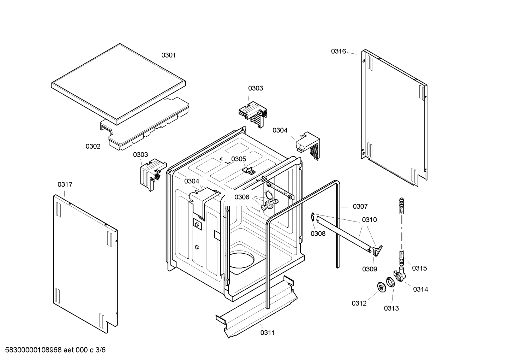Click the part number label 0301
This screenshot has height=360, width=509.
[168, 55]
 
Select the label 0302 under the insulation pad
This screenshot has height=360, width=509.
[93, 146]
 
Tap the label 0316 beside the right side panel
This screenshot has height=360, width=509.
[338, 51]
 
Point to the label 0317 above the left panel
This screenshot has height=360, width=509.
[65, 184]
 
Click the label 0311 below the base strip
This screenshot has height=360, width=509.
[268, 332]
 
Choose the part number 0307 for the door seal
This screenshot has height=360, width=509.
[360, 206]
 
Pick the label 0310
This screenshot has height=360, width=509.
[369, 220]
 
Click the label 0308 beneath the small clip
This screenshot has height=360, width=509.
[318, 234]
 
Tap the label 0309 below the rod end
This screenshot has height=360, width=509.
[369, 269]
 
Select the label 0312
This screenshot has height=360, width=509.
[359, 303]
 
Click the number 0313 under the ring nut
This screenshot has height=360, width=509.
[391, 308]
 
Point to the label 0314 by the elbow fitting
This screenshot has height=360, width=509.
[420, 289]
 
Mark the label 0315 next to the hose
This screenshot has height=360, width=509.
[419, 268]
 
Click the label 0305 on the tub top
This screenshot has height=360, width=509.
[239, 159]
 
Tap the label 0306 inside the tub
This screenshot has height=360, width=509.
[242, 197]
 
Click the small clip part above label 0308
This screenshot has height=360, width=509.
[313, 217]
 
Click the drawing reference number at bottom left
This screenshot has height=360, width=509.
[53, 350]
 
